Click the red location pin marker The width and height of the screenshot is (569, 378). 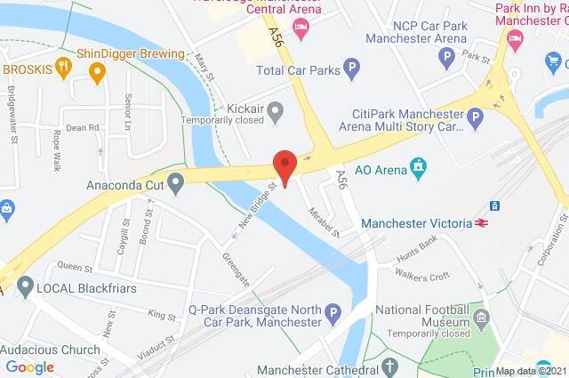click(x=284, y=165)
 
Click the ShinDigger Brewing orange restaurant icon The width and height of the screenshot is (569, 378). click(x=62, y=66)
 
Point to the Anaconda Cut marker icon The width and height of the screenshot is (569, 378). click(x=175, y=184)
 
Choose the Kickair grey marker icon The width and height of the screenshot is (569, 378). click(x=276, y=111)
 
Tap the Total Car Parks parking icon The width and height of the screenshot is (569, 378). click(x=353, y=67)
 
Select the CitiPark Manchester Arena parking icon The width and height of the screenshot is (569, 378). click(x=477, y=117)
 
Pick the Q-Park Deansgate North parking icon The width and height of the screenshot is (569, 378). click(x=333, y=312)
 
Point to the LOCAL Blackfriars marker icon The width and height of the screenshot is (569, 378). click(x=24, y=287)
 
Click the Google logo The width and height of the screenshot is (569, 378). click(x=30, y=366)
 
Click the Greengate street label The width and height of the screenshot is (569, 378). click(x=236, y=268)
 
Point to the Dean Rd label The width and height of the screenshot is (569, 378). click(x=82, y=128)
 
